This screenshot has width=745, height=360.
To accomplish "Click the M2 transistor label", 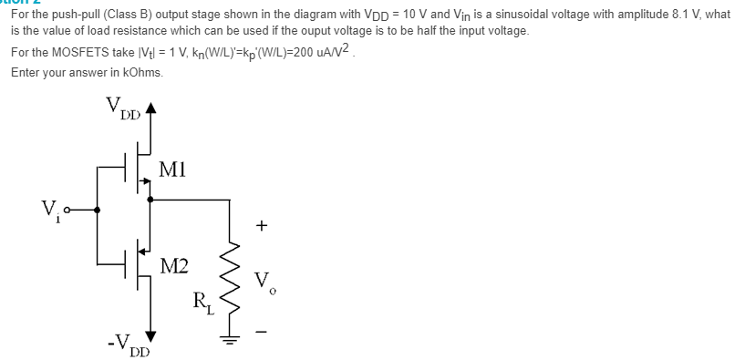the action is [173, 267].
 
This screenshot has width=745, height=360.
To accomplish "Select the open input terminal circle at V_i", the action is [81, 209].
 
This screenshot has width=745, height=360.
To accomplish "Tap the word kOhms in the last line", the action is [140, 74].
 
